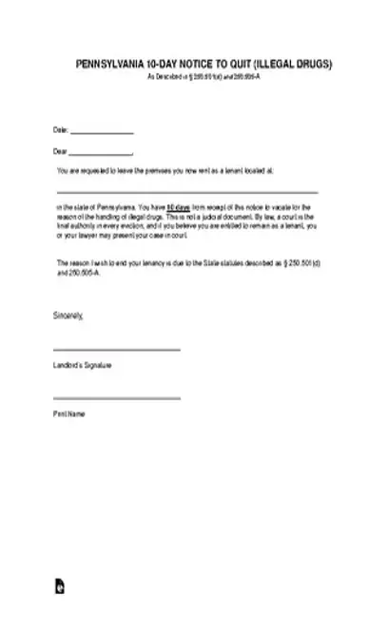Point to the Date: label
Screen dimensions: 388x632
coord(61,130)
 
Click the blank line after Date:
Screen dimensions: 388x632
coord(102,132)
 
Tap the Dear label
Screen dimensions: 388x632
coord(61,151)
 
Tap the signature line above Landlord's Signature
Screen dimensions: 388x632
coord(117,349)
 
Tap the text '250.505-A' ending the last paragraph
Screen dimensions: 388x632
coord(83,271)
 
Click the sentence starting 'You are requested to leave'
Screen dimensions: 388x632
coord(165,172)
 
